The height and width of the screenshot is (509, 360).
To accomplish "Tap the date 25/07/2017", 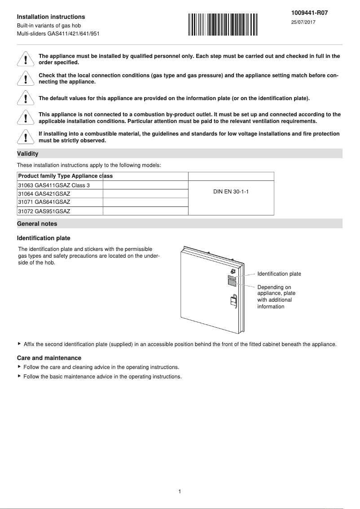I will click(x=303, y=22).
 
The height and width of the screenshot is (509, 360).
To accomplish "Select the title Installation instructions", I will click(x=51, y=17).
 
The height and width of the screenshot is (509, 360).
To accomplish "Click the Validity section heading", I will click(x=27, y=154).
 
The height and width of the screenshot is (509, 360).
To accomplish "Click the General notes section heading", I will click(x=37, y=224).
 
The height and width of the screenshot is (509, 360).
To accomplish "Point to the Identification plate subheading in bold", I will click(x=44, y=238).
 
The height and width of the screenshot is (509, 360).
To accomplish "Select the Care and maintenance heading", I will click(x=49, y=358).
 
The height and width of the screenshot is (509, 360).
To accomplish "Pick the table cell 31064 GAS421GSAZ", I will click(x=44, y=193).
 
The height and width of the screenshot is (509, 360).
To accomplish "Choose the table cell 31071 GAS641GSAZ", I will click(x=44, y=202).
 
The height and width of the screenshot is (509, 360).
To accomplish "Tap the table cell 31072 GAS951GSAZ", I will click(x=44, y=211).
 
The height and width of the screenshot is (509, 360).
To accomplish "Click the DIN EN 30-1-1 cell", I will click(x=231, y=192).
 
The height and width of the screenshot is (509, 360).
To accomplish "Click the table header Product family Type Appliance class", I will click(x=65, y=176).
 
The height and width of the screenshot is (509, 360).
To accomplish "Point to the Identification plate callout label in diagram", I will click(x=279, y=274).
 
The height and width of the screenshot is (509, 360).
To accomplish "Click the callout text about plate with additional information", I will click(x=276, y=297).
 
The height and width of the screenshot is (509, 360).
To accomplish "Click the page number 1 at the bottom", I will click(x=180, y=491).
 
